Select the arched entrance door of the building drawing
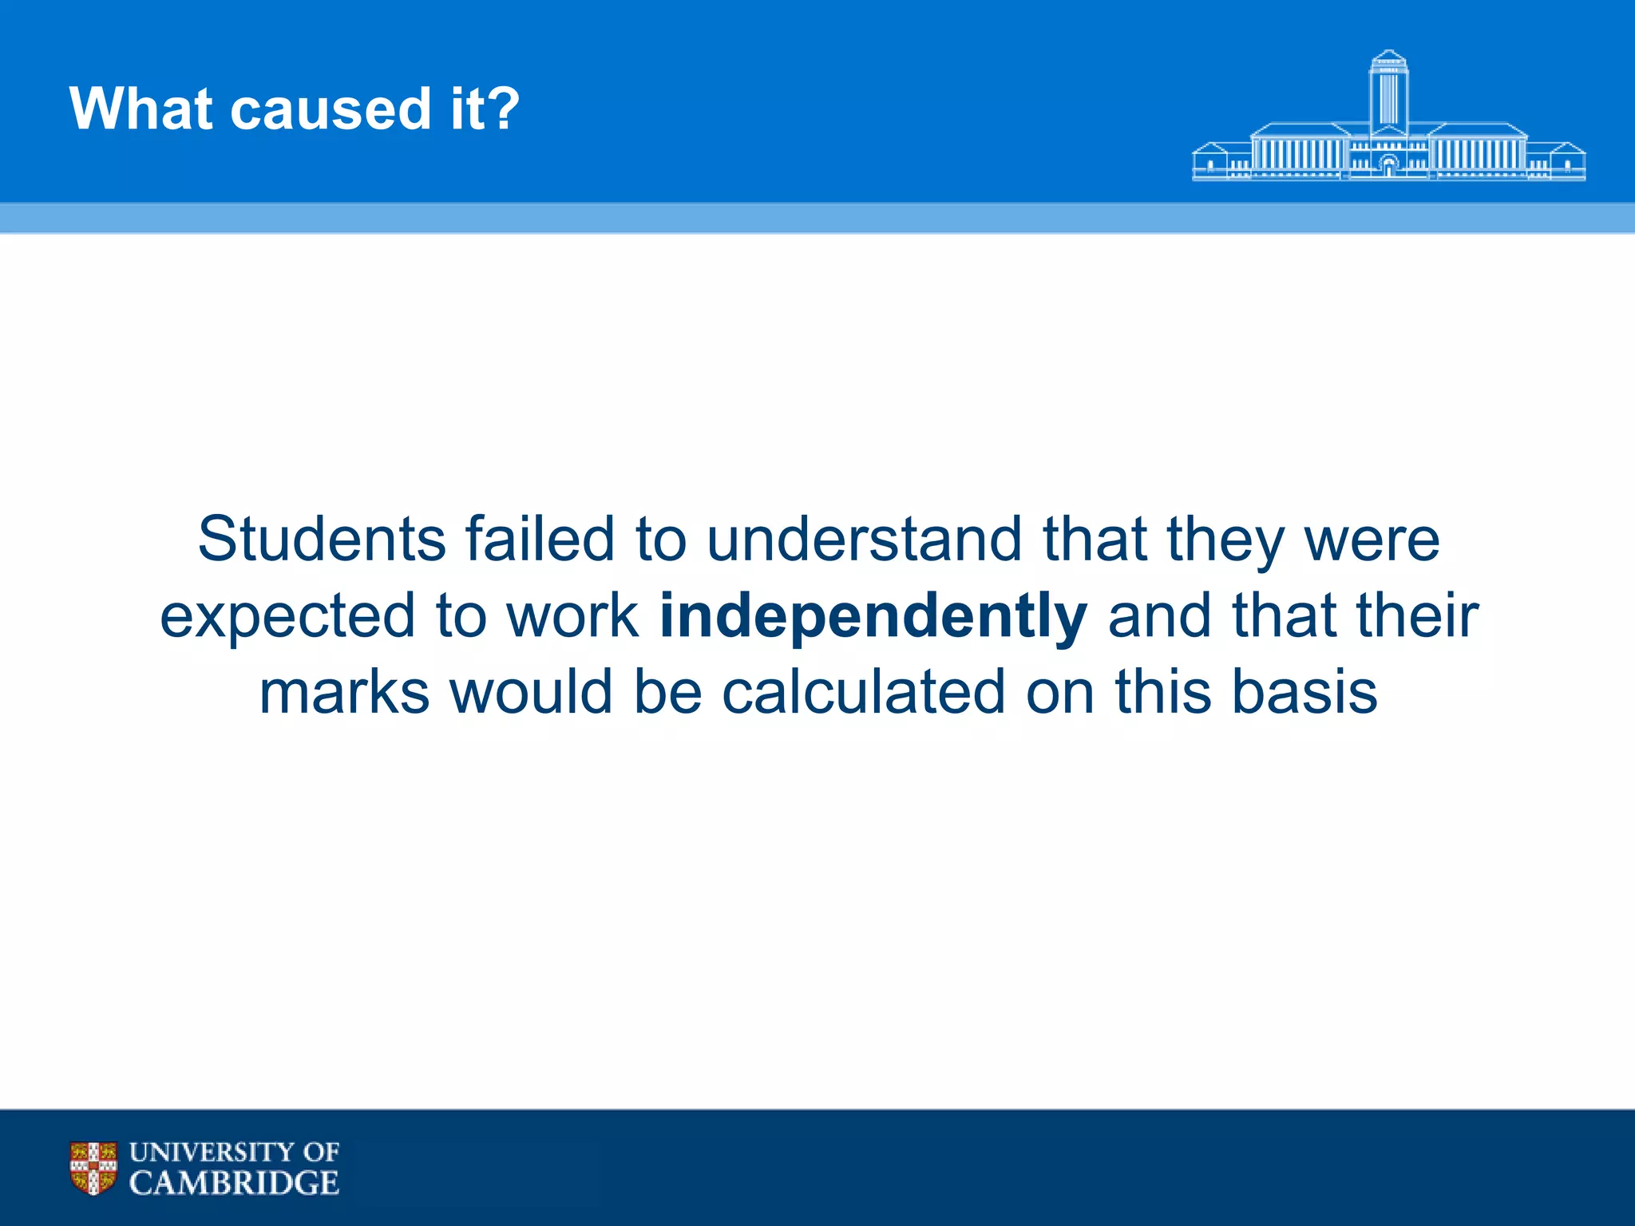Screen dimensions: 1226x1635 pos(1388,166)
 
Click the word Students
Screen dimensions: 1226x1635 pos(321,540)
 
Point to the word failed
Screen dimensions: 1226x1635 pos(540,540)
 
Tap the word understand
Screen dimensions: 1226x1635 pos(864,540)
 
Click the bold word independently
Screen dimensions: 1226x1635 pos(873,618)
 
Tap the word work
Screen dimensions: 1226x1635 pos(573,616)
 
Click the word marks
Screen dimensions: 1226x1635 pos(345,693)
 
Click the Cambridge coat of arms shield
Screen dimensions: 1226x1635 pos(93,1168)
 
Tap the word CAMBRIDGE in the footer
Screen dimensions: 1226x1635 pos(234,1183)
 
